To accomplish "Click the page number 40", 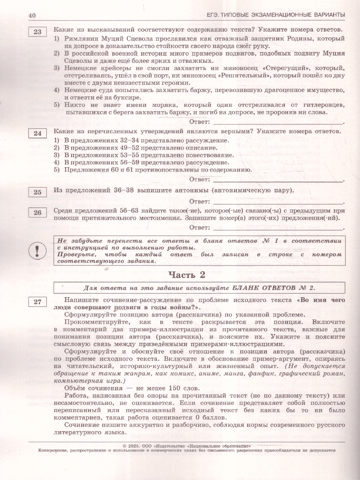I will [x=32, y=15].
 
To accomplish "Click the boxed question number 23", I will [x=37, y=32].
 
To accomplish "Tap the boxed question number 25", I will [x=37, y=192].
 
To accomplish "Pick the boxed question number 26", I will [x=37, y=213].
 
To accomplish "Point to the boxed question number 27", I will [x=37, y=302].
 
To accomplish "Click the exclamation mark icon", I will [x=37, y=250].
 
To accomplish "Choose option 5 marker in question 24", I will [x=56, y=170].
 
